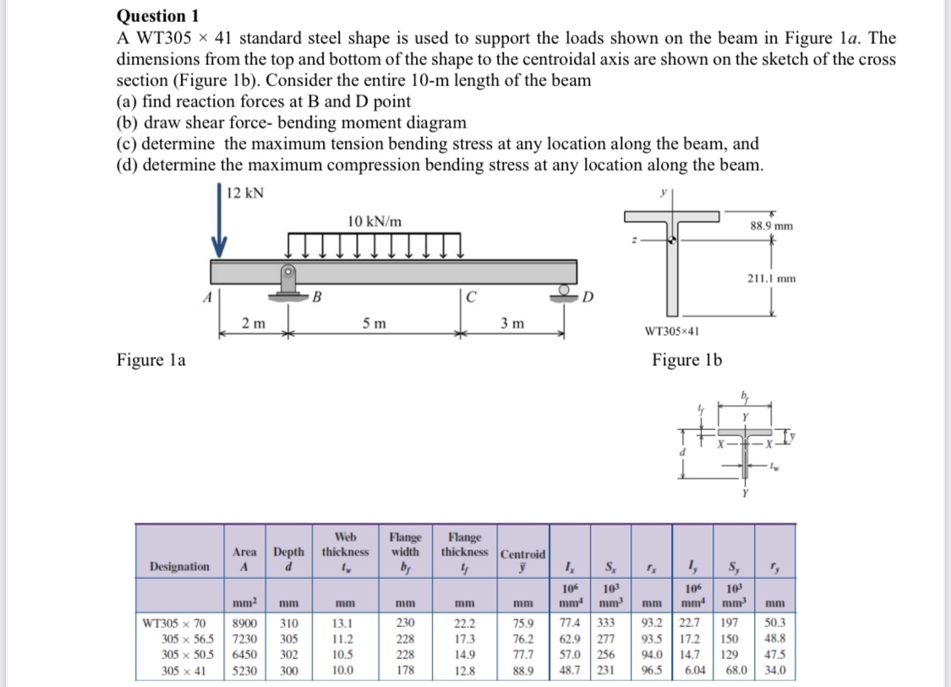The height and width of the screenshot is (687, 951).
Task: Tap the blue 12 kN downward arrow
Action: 220,228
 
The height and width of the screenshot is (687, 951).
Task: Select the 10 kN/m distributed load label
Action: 374,221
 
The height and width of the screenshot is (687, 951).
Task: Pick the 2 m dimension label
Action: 252,324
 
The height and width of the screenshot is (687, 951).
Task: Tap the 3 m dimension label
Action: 511,324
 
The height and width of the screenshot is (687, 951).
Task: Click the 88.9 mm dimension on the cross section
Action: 771,226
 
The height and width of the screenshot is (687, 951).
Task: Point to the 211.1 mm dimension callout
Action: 770,278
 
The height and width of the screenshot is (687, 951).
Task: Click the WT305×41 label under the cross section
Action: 671,331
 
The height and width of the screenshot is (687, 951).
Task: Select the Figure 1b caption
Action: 686,361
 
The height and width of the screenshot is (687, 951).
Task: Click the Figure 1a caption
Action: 151,361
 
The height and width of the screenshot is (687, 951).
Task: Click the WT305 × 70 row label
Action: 179,624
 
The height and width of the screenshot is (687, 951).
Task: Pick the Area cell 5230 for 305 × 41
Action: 246,671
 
